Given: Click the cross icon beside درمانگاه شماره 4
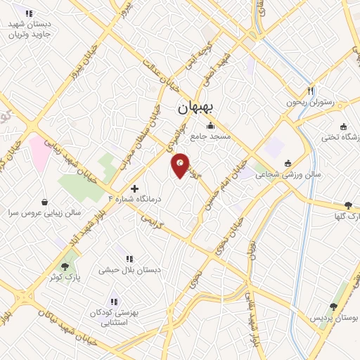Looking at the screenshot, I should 135,188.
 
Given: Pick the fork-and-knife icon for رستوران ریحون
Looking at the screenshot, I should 309,91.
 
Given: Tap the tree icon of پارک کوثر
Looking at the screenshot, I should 65,266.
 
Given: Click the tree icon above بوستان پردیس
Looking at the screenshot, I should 333,307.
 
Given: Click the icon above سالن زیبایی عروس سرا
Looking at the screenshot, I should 45,201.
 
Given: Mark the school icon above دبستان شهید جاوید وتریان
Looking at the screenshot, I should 28,13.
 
